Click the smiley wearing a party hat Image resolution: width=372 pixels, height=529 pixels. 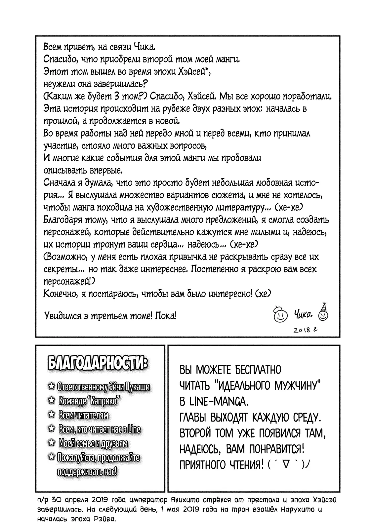click(323, 313)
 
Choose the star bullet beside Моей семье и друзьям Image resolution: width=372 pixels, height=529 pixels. click(51, 443)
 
